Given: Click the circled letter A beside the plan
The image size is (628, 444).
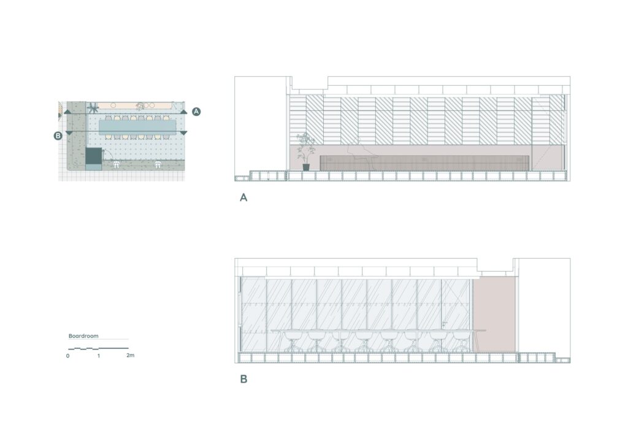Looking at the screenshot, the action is click(x=196, y=112).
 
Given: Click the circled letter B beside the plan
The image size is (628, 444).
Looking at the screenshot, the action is click(x=58, y=136).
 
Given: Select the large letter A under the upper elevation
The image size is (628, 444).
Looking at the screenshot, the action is click(x=243, y=197).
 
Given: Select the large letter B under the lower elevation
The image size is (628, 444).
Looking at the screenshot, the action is click(x=243, y=379).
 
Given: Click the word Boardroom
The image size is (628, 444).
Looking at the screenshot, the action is click(x=83, y=336).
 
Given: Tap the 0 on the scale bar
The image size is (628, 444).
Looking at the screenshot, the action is click(x=67, y=356).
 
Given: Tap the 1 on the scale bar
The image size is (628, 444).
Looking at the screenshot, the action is click(x=99, y=356).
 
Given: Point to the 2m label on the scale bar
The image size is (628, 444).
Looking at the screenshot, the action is click(x=130, y=355).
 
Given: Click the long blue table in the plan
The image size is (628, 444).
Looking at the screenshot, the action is click(x=137, y=126).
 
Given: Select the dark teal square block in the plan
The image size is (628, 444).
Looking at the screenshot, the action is click(x=93, y=155).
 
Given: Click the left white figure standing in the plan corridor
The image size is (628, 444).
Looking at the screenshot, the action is click(x=116, y=164).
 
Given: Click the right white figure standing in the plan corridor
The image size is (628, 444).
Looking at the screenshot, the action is click(x=158, y=164).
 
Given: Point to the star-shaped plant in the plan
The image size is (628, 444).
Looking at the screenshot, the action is click(x=93, y=108).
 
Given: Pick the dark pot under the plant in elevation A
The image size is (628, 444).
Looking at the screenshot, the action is click(x=306, y=167).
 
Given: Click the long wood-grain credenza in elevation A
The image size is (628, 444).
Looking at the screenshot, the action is click(x=424, y=163).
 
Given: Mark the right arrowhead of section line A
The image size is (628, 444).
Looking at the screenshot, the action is click(x=183, y=112).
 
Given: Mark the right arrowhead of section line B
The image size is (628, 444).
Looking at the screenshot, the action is click(x=183, y=133).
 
